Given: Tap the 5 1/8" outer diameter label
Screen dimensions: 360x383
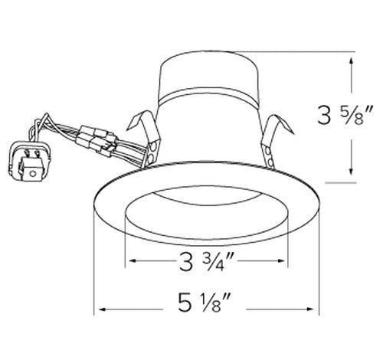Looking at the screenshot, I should click(x=207, y=310).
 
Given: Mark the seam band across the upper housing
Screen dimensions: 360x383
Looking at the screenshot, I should click(x=207, y=98).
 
